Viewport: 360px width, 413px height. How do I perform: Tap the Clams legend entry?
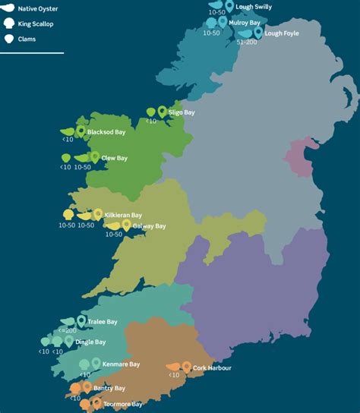coord(27,38)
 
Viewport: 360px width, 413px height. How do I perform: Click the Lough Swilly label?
coord(254,7)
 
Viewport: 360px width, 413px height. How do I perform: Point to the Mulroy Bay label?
coord(245,23)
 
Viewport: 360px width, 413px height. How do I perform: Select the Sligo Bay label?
coord(182,112)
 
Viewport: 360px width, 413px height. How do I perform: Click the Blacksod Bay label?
coord(106,132)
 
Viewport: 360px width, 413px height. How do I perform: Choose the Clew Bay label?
coord(115,158)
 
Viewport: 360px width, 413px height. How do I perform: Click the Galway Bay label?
coord(149,226)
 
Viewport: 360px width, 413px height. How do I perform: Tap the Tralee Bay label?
coord(102,322)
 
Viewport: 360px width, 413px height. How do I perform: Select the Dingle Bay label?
coord(90,342)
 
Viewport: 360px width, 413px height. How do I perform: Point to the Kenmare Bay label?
coord(122,364)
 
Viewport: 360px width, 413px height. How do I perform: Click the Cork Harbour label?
coord(213,368)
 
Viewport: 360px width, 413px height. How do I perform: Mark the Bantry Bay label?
coord(109,388)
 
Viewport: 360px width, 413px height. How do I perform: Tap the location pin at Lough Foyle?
coord(258,32)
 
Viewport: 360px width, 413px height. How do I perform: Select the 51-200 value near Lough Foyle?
coord(247,43)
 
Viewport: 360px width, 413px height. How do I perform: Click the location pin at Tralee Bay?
coord(81,320)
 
